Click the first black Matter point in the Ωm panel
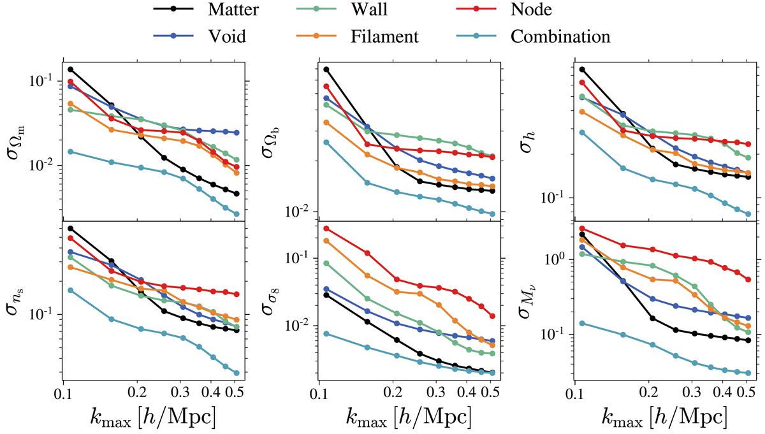click(70, 69)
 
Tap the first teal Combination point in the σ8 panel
click(326, 333)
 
